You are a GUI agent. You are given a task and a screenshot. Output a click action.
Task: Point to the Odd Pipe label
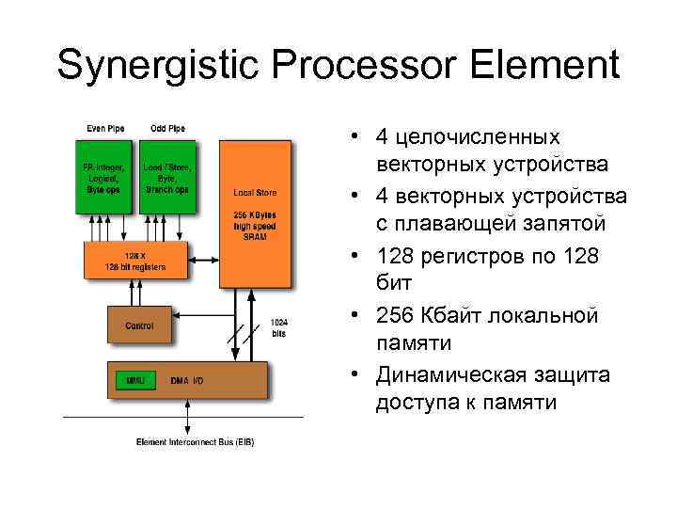tap(166, 129)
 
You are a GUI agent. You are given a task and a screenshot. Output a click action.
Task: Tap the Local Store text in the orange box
tap(255, 192)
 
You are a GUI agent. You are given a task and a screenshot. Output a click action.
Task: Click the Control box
tap(139, 325)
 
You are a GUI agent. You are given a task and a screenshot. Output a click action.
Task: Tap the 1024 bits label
tap(279, 327)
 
